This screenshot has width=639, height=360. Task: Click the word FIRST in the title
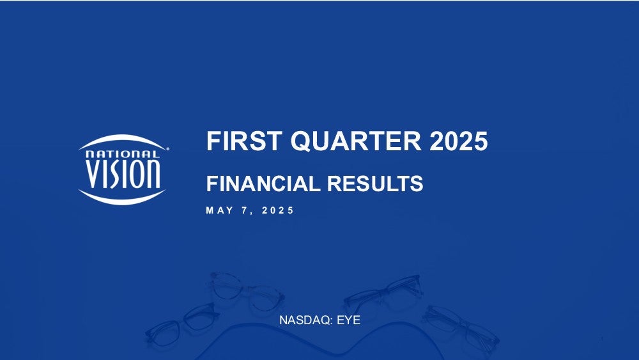[x=243, y=141]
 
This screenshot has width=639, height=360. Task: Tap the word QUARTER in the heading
[x=356, y=141]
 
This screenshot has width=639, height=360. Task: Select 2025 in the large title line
[x=458, y=141]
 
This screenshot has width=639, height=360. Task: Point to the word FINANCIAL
[x=263, y=184]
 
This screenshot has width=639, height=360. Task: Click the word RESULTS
[x=375, y=184]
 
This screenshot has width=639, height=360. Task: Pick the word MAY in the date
[x=220, y=210]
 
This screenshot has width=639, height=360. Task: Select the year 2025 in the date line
[x=277, y=210]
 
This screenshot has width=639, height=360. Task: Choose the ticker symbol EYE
[x=348, y=320]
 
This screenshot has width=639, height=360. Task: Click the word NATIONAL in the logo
[x=122, y=154]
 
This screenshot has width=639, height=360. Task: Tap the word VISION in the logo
[x=123, y=174]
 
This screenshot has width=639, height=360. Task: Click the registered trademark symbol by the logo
[x=167, y=149]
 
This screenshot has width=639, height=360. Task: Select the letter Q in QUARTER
[x=301, y=141]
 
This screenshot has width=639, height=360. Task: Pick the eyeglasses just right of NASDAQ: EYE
[x=383, y=293]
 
